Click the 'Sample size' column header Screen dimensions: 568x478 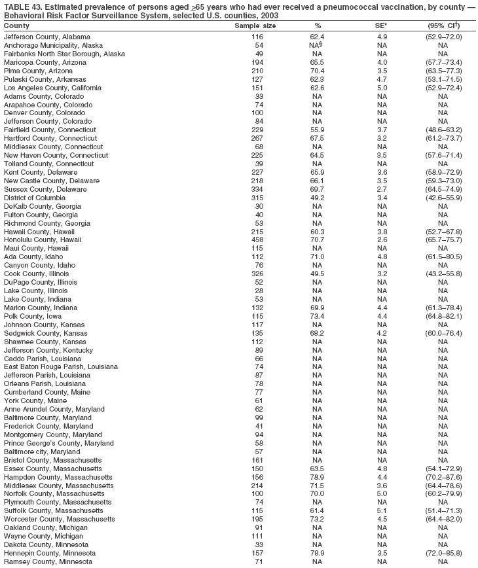click(255, 26)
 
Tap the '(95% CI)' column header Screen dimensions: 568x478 click(442, 26)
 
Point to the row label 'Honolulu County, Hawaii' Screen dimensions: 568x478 click(43, 240)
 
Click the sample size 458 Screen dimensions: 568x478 click(259, 240)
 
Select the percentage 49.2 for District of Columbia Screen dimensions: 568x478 click(318, 198)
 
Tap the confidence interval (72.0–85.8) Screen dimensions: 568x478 click(443, 553)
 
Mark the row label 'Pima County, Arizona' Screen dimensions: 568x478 click(37, 71)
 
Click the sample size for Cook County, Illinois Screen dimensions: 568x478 click(259, 274)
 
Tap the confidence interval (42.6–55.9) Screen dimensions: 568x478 click(443, 198)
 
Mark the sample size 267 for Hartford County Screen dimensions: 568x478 click(259, 139)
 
